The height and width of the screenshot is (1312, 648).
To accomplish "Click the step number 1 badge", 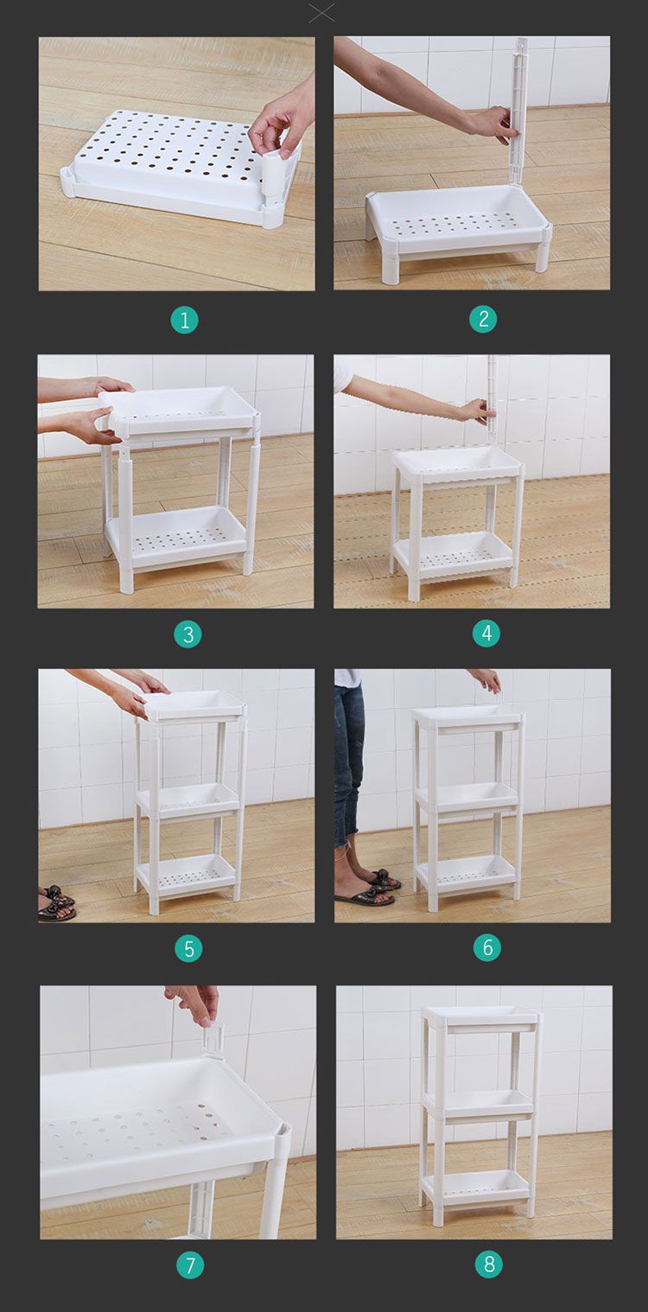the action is click(184, 320).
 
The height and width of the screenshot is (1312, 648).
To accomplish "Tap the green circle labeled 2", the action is click(483, 319).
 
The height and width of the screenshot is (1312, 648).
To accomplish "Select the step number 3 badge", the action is click(187, 634).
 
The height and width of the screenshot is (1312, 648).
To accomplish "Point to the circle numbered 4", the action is click(486, 634).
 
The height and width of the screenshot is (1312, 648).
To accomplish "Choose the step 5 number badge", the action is click(188, 949).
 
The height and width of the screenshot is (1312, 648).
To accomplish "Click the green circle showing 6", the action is click(487, 947).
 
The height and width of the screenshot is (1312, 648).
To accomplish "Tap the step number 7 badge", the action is click(190, 1265).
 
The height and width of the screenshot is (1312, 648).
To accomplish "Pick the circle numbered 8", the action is click(489, 1264).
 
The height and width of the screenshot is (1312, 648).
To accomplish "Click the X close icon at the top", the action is click(322, 13).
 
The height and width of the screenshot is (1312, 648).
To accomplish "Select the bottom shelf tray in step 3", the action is click(175, 538).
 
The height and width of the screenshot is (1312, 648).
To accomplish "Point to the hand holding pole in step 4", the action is click(477, 411).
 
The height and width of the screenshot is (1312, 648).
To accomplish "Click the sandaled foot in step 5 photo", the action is click(57, 902).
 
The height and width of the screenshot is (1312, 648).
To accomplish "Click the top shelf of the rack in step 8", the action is click(480, 1019).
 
